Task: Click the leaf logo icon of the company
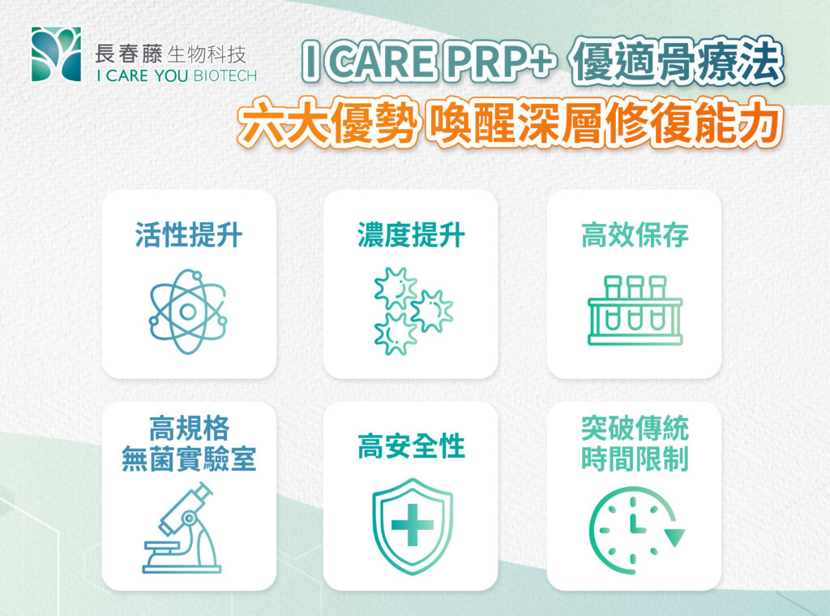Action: click(56, 54)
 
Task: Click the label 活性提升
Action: click(188, 235)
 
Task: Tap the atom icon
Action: click(188, 311)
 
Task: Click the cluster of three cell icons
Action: click(411, 311)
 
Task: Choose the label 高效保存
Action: click(634, 235)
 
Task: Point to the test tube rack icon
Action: click(634, 311)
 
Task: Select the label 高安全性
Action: click(411, 446)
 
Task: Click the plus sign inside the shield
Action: click(412, 526)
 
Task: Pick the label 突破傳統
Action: click(634, 428)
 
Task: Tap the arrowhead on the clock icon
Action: click(674, 537)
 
